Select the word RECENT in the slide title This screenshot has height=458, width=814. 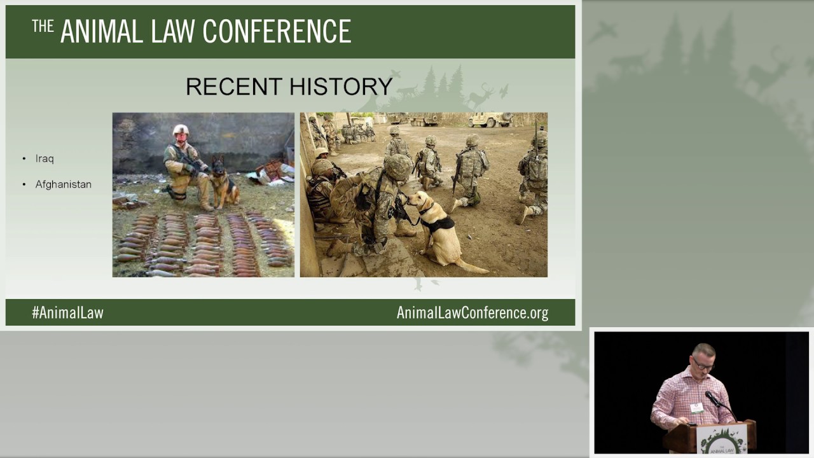tap(233, 87)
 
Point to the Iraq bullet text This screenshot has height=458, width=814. tap(45, 158)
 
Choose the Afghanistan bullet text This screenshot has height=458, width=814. tap(63, 184)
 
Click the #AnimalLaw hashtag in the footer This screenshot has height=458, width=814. tap(67, 312)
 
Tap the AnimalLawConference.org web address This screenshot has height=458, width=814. tap(472, 312)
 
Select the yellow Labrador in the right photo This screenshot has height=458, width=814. tap(439, 232)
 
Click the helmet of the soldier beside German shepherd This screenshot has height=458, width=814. tap(181, 129)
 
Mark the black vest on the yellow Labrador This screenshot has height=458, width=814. tap(439, 223)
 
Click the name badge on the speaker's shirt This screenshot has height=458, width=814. tap(697, 408)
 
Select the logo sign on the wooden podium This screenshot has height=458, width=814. tap(722, 440)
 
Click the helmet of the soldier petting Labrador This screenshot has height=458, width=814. tap(398, 167)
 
